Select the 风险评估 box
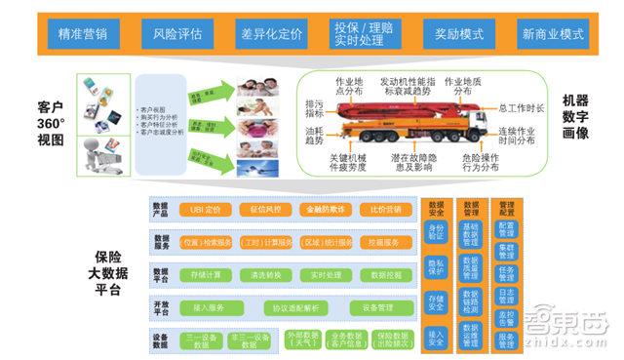tap(178, 34)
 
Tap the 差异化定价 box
tap(271, 34)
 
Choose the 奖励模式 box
tap(457, 34)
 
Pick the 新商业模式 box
tap(553, 34)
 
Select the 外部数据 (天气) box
tap(280, 339)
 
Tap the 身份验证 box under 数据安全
tap(436, 232)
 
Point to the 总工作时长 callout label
tap(521, 106)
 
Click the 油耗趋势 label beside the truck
tap(314, 135)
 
